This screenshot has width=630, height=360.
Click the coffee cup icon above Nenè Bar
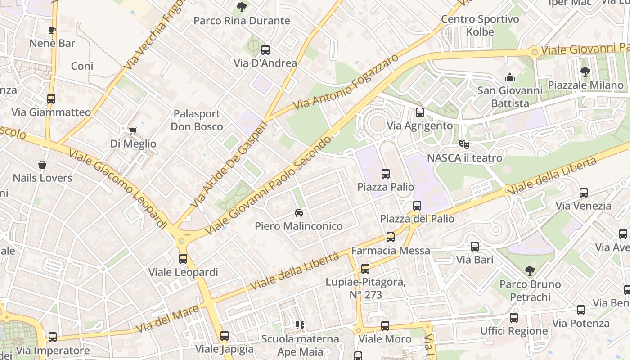(52, 30)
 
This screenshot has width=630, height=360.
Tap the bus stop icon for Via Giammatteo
(51, 99)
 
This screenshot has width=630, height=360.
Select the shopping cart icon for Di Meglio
(133, 130)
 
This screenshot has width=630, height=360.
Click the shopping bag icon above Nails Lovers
(42, 165)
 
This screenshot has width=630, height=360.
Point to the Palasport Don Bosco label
(197, 120)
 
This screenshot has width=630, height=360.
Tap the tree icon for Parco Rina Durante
(242, 7)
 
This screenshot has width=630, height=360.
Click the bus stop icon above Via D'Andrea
(265, 50)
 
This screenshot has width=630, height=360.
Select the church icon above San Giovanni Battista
(509, 77)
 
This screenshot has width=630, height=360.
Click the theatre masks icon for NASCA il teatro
(464, 144)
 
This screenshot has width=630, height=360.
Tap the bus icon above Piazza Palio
(385, 173)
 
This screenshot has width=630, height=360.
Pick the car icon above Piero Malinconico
(298, 213)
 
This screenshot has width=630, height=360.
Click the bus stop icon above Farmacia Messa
(391, 237)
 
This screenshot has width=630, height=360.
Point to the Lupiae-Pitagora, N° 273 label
(366, 288)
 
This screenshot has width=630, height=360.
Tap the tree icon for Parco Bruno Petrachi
(530, 270)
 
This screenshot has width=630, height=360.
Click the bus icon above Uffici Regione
(514, 318)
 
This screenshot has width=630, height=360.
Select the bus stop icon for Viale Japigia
(225, 336)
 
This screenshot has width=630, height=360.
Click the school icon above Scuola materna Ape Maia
(300, 325)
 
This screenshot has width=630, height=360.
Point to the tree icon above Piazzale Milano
(585, 72)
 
